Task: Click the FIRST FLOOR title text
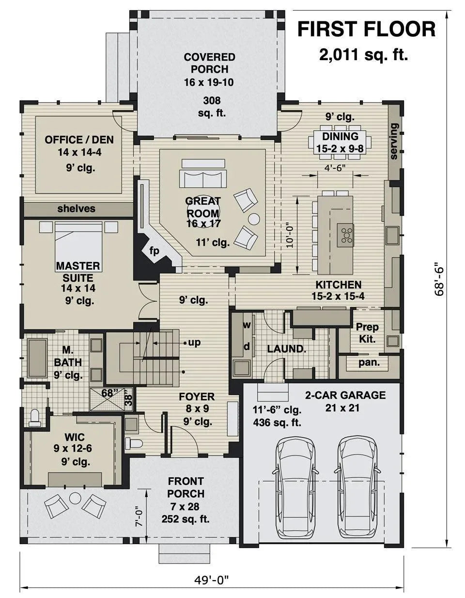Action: tap(366, 29)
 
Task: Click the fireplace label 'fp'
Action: tap(154, 251)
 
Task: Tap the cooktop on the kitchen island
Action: tap(347, 234)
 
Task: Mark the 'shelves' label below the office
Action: tap(77, 209)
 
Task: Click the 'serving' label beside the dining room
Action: tap(394, 141)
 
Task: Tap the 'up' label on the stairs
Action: tap(194, 342)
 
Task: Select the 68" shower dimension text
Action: tap(110, 393)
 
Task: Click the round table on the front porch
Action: tap(75, 498)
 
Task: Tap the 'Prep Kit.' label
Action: tap(368, 333)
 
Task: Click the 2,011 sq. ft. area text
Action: tap(363, 54)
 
